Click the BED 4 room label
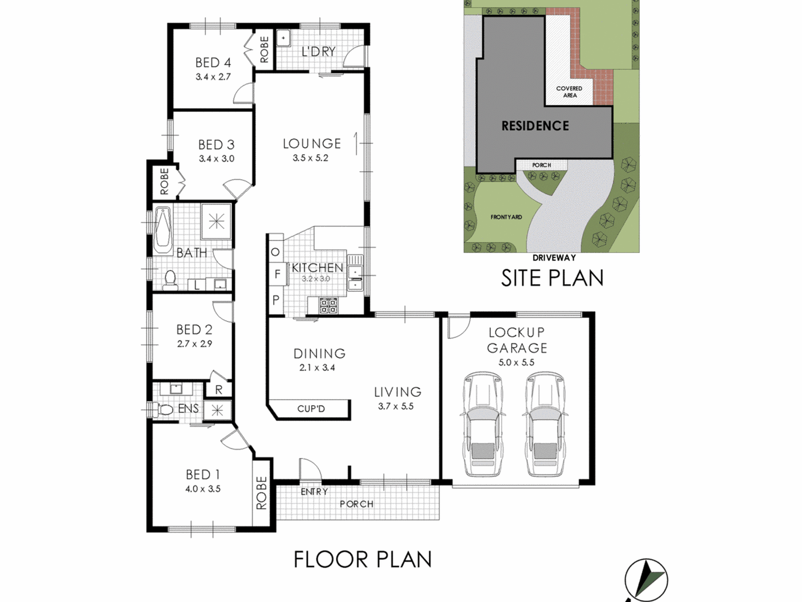[213, 63]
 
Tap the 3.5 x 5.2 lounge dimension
[310, 158]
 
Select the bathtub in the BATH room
[163, 230]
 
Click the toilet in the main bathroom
[170, 280]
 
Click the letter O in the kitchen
[275, 252]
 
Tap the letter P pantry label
[276, 300]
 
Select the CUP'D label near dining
[311, 409]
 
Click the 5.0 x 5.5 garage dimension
[516, 362]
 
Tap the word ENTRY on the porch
[314, 492]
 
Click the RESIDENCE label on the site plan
[535, 125]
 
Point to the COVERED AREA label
[569, 92]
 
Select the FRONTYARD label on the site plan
[506, 217]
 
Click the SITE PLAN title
[552, 278]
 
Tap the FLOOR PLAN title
[363, 559]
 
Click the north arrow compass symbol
[646, 581]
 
